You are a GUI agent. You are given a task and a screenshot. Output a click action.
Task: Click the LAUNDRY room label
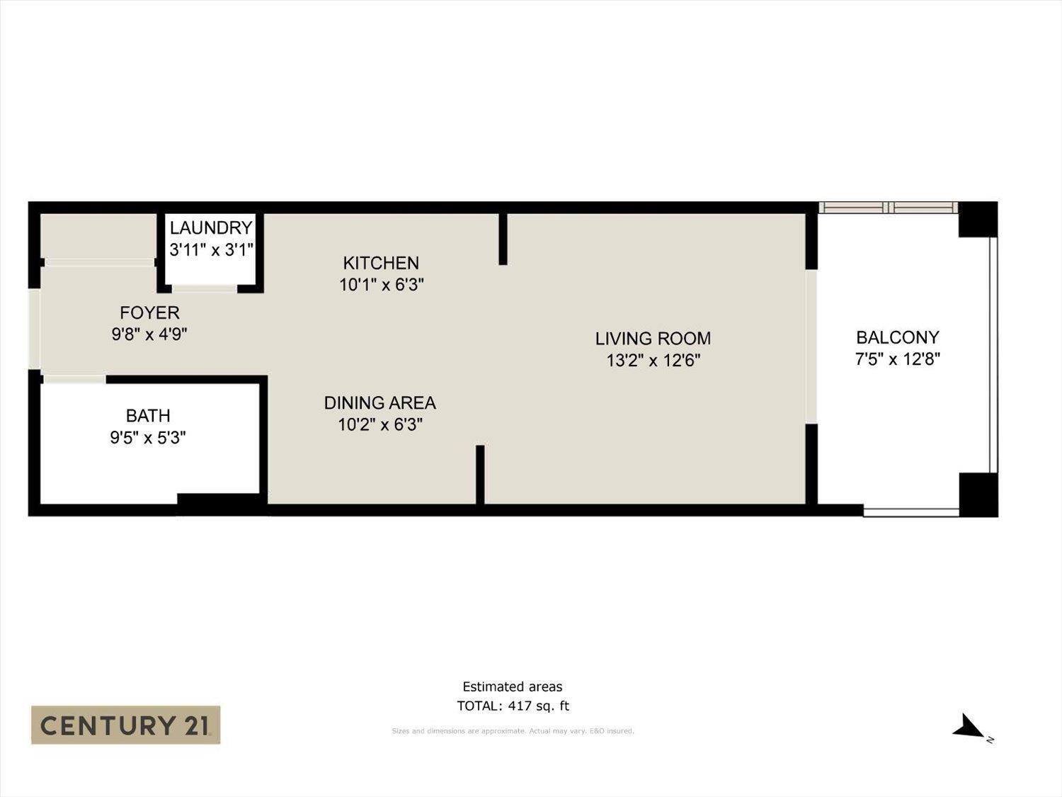coord(211,227)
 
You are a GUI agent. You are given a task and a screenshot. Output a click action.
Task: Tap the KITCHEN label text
coord(381,263)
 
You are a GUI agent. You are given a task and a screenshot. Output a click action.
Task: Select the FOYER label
coord(149,312)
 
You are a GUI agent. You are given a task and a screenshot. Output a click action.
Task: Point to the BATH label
coord(148,415)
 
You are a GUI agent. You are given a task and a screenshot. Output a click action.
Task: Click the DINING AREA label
coord(379,402)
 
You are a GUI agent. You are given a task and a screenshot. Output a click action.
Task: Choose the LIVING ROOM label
coord(653,338)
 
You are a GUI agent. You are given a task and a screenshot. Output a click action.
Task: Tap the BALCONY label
coord(897,337)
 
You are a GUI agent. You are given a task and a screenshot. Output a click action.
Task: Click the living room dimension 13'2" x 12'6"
coord(653,361)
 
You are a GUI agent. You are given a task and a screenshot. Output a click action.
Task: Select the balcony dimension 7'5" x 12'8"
coord(897,359)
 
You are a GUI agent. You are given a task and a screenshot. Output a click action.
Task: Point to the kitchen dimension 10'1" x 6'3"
coord(381,285)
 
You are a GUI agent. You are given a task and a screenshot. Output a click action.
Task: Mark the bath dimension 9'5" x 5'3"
coord(148,438)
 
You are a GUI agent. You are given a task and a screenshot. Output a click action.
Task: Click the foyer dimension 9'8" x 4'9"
coord(149,334)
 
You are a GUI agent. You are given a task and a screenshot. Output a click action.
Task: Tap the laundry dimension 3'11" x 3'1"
coord(211,249)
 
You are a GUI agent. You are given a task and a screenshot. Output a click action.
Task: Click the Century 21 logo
coord(125,725)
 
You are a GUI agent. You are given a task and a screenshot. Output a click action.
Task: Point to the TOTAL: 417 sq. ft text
coord(513,706)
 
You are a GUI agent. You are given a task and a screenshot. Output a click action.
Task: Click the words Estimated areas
coord(513,686)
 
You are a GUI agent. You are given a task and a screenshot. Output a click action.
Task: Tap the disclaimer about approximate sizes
coord(513,731)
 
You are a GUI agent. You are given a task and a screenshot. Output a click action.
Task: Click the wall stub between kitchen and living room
coord(503,239)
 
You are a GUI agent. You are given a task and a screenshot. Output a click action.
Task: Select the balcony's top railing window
coord(889,208)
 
